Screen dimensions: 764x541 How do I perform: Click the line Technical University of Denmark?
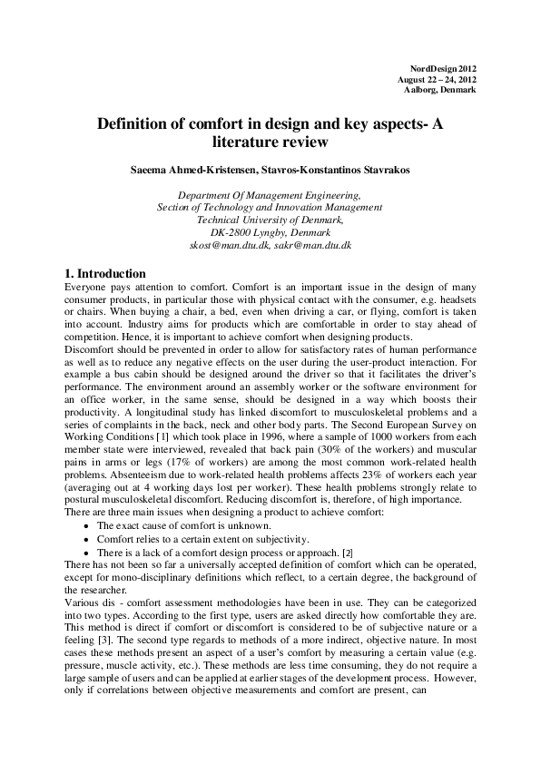tap(270, 220)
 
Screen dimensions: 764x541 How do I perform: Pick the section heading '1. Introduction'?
tap(105, 273)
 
